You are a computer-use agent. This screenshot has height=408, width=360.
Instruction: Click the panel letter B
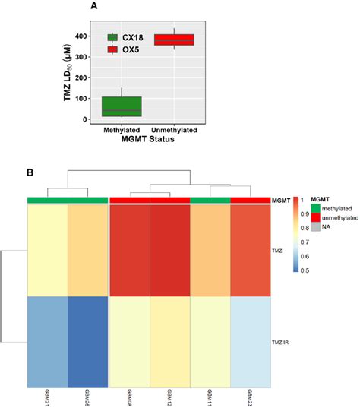click(x=30, y=172)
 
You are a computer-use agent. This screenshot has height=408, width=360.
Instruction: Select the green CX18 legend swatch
click(x=112, y=37)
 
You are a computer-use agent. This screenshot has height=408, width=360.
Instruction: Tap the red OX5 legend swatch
click(x=112, y=50)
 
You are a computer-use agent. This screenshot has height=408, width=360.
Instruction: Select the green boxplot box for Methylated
click(x=122, y=106)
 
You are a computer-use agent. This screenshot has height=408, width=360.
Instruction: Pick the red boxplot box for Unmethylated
click(x=174, y=40)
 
